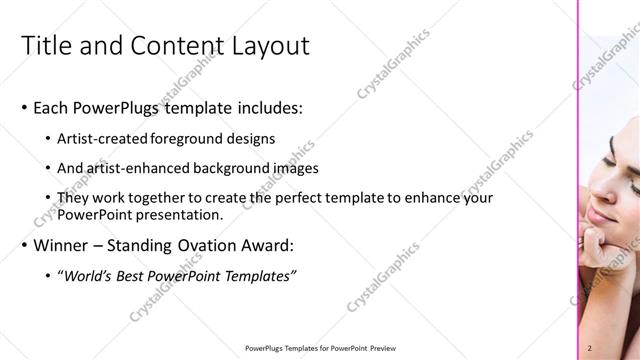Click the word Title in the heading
tap(46, 45)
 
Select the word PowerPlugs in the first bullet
tap(120, 107)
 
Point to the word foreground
tap(188, 139)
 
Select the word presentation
tap(177, 214)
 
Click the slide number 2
tap(590, 348)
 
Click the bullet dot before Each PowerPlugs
tap(24, 108)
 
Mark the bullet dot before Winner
tap(24, 246)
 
